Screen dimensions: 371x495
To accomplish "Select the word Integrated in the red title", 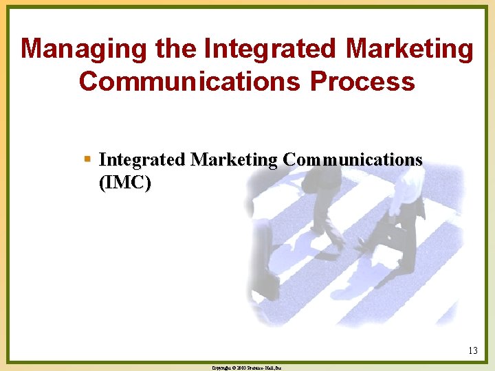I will (270, 49).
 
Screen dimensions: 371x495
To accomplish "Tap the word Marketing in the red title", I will (410, 49).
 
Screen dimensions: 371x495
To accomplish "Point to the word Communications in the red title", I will (189, 81).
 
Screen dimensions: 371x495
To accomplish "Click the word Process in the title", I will (362, 81).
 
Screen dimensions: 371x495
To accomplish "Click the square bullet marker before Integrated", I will (87, 159).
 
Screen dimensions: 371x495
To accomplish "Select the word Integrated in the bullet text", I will (142, 159).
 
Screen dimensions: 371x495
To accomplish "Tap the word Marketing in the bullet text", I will (234, 159).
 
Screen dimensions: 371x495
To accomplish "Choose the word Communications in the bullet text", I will (353, 159).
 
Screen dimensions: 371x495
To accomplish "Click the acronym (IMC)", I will (125, 183).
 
